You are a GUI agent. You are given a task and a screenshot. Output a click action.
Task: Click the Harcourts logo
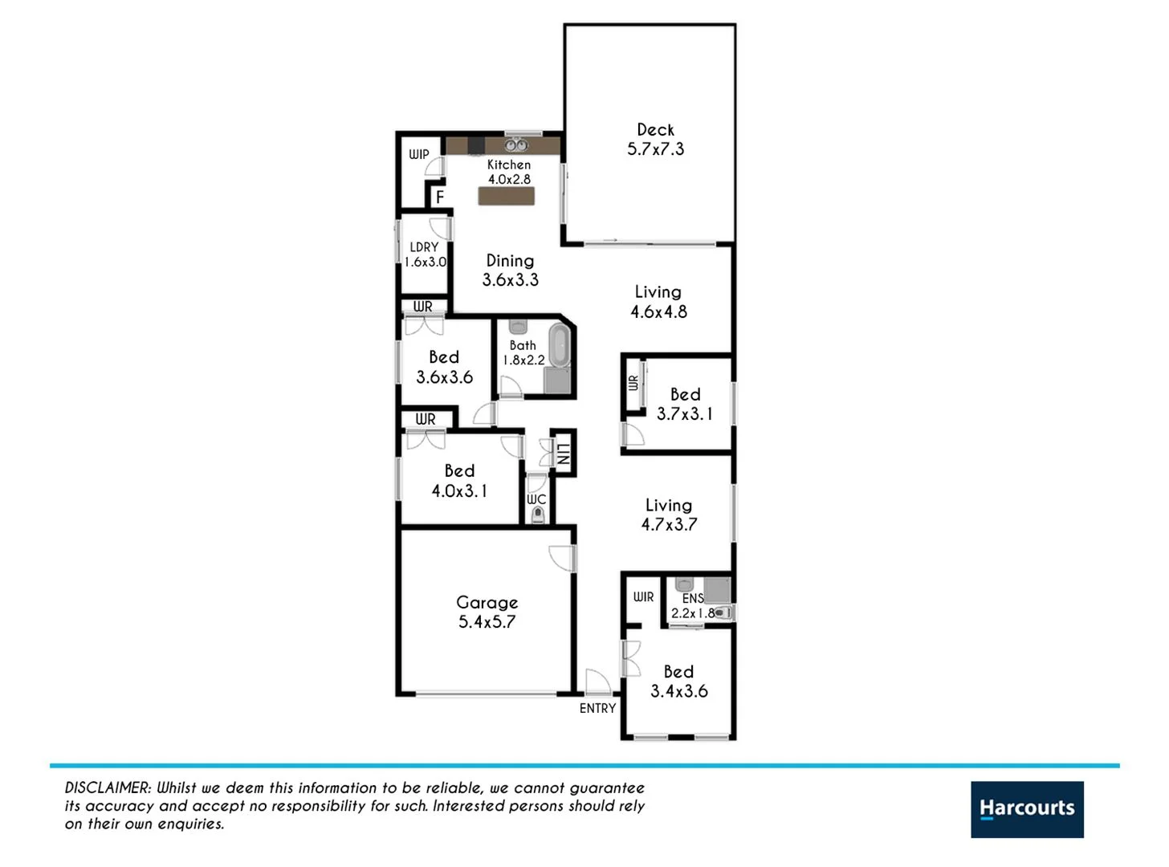point(1026,809)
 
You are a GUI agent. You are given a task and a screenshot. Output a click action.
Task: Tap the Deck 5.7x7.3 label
point(655,139)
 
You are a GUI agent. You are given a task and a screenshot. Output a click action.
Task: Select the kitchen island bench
point(506,196)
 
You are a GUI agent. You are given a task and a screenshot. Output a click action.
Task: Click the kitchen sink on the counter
point(515,145)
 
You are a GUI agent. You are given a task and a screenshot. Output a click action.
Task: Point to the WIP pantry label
point(419,154)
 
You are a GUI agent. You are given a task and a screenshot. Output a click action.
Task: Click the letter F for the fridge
point(440,197)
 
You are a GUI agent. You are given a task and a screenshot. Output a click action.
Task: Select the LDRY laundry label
point(424,247)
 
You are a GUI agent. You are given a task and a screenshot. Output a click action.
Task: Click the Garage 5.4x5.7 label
point(487,612)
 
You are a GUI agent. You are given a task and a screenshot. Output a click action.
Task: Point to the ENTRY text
point(597,708)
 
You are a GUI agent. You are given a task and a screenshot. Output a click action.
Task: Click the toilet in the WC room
point(537,516)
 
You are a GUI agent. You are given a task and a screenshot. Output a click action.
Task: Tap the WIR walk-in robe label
point(643,596)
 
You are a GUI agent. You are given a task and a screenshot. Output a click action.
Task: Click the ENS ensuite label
point(692,599)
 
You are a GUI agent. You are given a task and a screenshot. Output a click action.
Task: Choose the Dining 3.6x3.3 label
point(510,270)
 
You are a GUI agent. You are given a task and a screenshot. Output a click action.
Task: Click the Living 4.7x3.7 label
point(669,515)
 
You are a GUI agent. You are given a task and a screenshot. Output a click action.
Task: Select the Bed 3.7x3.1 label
point(685,404)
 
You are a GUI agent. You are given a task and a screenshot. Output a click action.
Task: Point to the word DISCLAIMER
point(108,788)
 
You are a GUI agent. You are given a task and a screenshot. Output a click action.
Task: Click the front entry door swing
point(597,682)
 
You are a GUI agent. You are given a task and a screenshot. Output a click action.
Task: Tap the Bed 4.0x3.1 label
point(459,480)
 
